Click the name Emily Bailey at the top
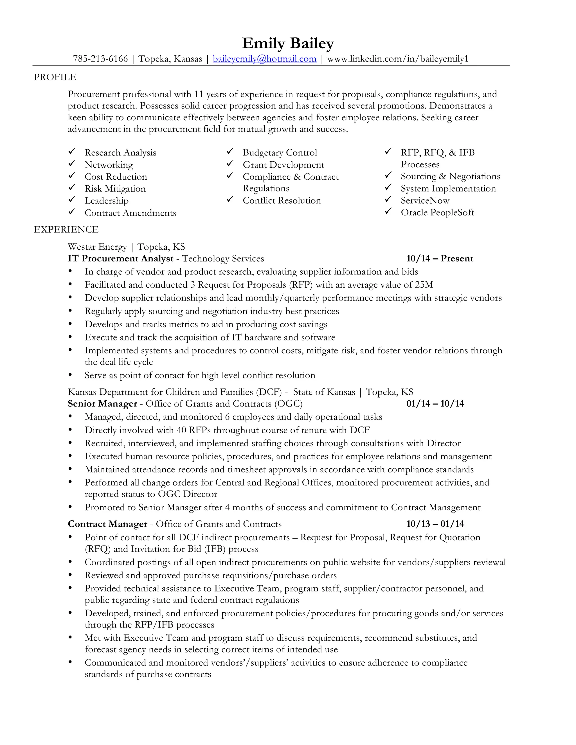pos(288,44)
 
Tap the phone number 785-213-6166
pos(100,59)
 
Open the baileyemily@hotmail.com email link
pos(264,59)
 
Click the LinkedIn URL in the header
pos(397,59)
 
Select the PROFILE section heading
pos(55,77)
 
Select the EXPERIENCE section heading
pos(66,230)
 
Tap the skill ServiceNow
pos(425,200)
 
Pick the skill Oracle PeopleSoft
pos(437,213)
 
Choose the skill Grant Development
pos(283,165)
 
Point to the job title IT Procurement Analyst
pos(120,259)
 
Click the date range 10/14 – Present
pos(440,259)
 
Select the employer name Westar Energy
pos(97,247)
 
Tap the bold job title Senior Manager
pos(102,404)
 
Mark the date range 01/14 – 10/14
pos(435,404)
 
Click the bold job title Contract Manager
pos(107,524)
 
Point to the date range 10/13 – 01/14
pos(435,524)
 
